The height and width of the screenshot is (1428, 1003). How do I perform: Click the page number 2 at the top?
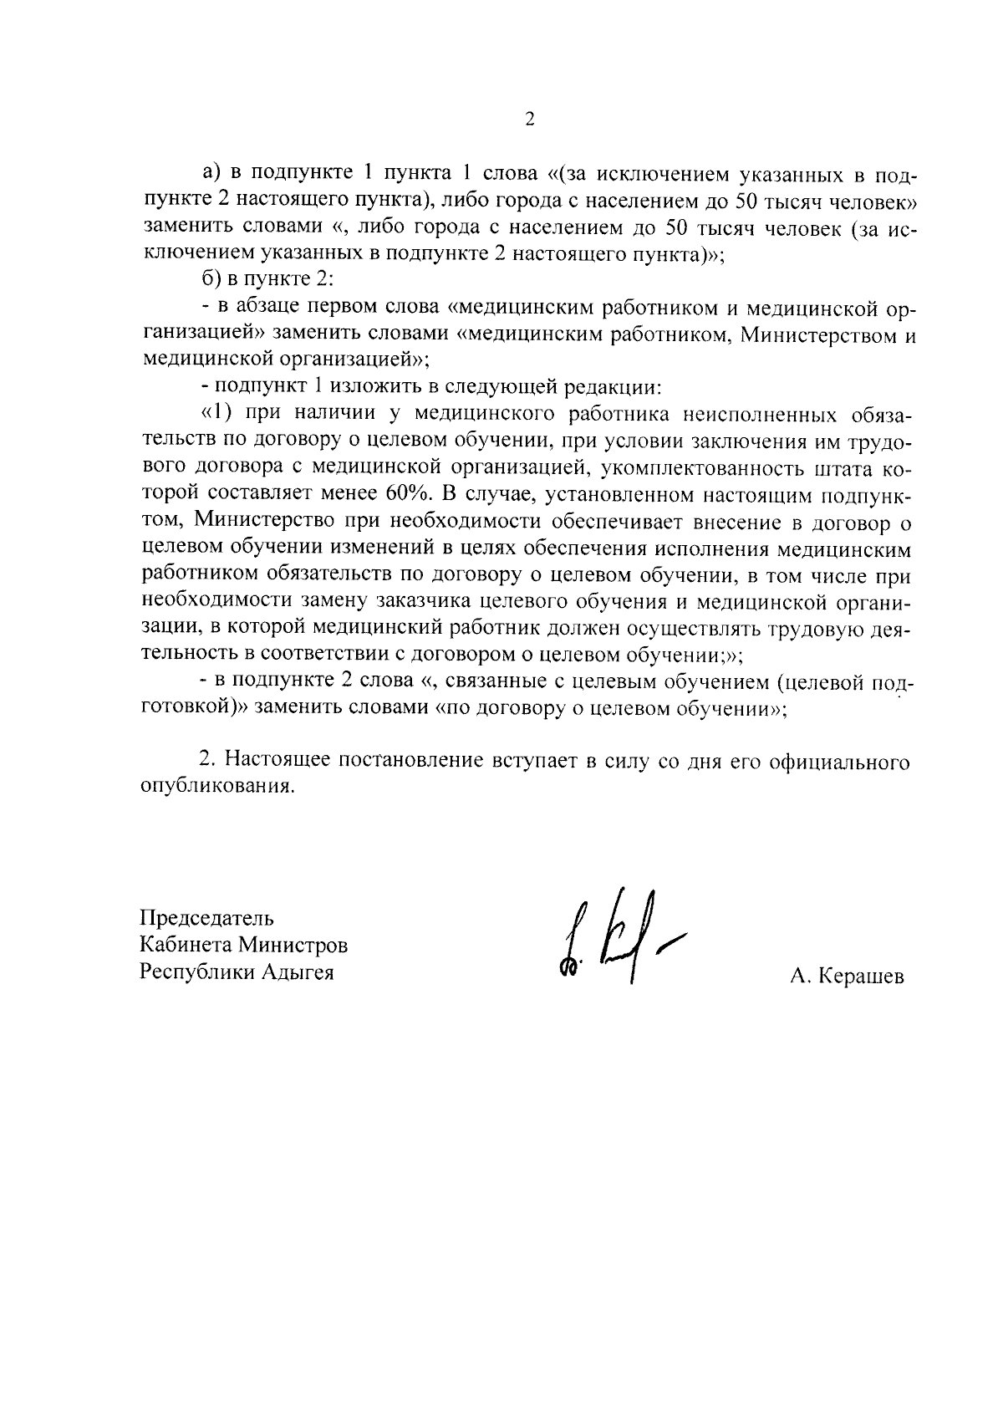[x=529, y=119]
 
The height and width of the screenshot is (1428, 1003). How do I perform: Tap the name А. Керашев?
[x=846, y=977]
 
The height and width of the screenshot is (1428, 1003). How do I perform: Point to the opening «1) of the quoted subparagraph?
[x=216, y=415]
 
